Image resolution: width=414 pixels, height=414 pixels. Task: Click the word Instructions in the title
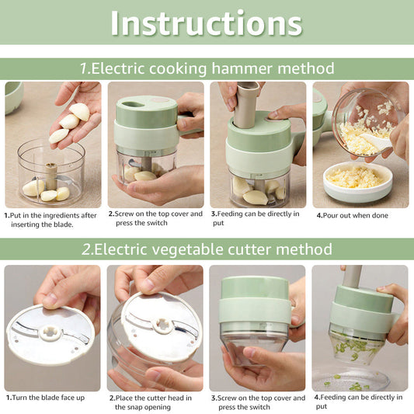[x=206, y=23]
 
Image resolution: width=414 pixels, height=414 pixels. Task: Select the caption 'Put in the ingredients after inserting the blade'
[x=50, y=219]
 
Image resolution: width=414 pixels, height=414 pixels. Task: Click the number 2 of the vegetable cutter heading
[x=86, y=249]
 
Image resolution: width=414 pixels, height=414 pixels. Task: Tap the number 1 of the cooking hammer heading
[x=85, y=68]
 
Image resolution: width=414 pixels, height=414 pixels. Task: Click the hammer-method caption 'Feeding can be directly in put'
[x=254, y=217]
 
